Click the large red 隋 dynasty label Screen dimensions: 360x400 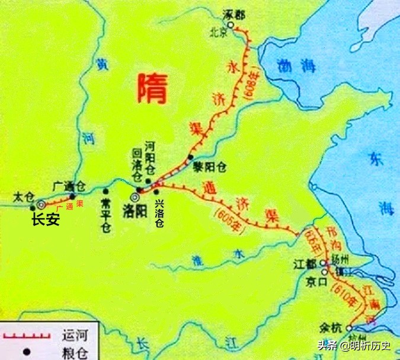pyautogui.click(x=151, y=88)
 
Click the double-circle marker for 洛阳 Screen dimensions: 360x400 pyautogui.click(x=136, y=195)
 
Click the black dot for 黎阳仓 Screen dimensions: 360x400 pyautogui.click(x=190, y=157)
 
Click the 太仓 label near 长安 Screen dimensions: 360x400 pyautogui.click(x=23, y=195)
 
